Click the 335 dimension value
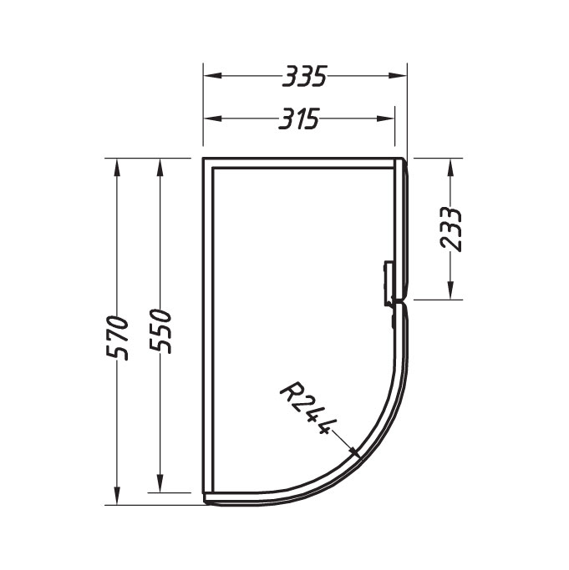click(x=305, y=76)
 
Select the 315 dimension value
click(x=299, y=119)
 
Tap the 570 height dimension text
click(x=117, y=338)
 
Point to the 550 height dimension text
click(x=160, y=331)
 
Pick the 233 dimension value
click(x=451, y=229)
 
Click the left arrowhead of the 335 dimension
click(x=213, y=76)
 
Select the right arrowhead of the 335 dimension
click(x=397, y=76)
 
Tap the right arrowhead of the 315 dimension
click(x=385, y=119)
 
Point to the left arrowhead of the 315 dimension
click(x=213, y=119)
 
